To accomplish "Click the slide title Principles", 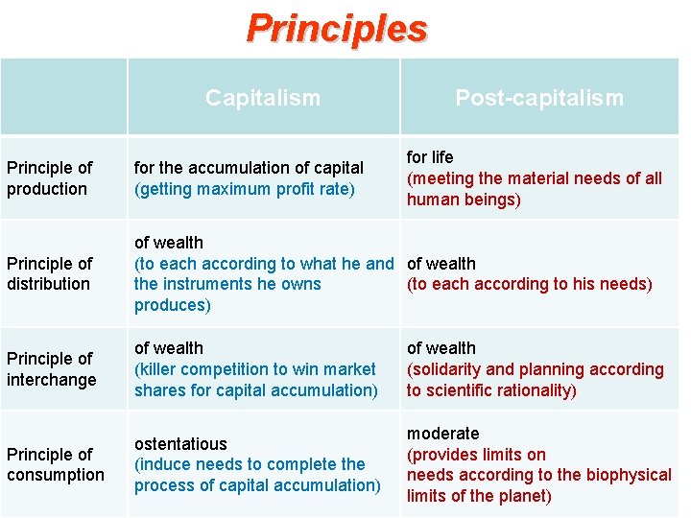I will [337, 28].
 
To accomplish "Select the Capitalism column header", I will [263, 98].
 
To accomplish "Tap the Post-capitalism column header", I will [538, 98].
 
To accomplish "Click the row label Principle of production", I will [49, 178].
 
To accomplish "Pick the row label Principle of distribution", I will [49, 273].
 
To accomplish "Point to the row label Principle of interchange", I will [51, 368].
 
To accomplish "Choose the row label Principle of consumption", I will [55, 464].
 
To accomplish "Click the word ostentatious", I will [180, 444].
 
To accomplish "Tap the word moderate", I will [442, 434].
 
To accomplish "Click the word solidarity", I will [448, 369].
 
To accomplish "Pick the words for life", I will [430, 157].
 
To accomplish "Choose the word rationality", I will [533, 390].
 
